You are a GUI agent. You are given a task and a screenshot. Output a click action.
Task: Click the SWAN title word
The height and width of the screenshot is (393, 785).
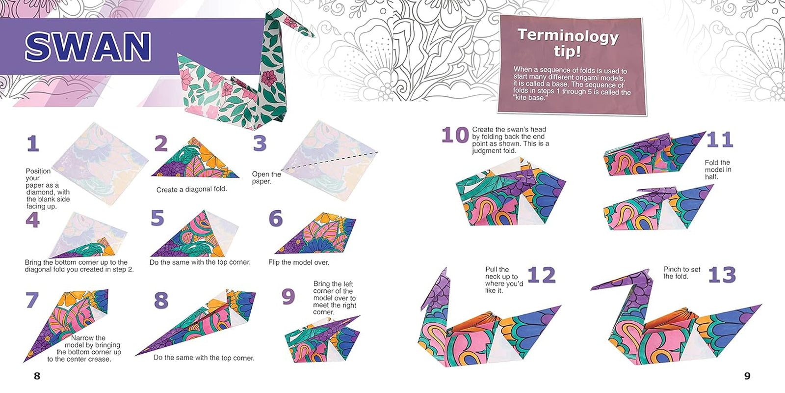pos(88,47)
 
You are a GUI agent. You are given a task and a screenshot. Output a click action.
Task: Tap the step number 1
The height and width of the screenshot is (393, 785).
pos(33,143)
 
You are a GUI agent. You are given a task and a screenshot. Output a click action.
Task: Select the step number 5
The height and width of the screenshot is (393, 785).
pos(157,218)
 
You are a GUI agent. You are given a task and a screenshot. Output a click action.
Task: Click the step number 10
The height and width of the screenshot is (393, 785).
pos(455,135)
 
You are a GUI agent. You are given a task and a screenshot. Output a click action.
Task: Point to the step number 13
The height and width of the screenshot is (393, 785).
pos(722,275)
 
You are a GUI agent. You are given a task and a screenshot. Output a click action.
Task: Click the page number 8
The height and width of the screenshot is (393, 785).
pos(37,376)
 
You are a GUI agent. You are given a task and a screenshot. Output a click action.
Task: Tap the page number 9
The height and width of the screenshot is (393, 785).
pos(747,376)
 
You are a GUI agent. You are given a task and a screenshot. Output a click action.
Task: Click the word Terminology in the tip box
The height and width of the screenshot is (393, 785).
pos(568,35)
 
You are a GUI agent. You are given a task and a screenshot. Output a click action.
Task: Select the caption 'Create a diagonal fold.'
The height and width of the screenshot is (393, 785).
pos(191,189)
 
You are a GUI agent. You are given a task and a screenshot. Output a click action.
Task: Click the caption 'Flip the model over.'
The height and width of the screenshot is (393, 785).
pos(298,262)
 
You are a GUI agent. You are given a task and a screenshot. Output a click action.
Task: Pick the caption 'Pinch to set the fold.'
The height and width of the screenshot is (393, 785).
pos(681,273)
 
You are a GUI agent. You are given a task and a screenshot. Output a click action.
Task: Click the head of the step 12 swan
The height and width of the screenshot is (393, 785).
pos(439,285)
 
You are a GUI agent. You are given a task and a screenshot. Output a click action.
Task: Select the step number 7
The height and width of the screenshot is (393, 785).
pos(32,300)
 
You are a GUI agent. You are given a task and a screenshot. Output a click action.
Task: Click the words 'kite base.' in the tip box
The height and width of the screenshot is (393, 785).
pos(530,98)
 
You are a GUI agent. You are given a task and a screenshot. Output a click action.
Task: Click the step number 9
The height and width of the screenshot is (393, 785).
pos(288,297)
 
